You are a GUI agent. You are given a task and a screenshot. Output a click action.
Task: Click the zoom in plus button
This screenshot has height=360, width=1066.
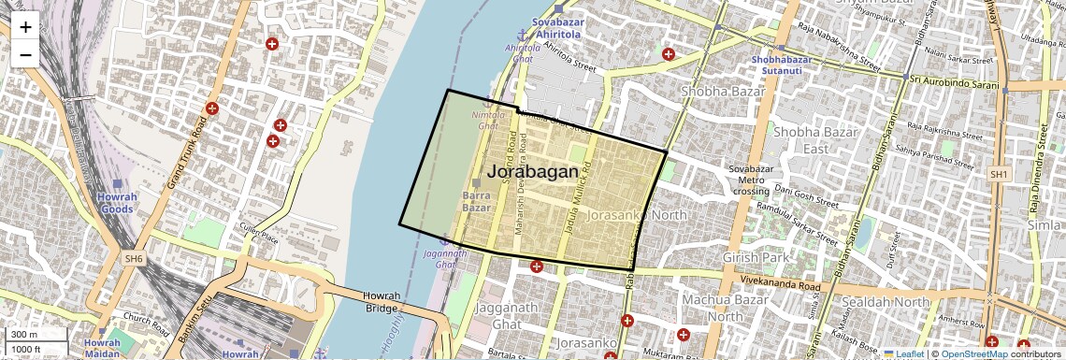(25, 27)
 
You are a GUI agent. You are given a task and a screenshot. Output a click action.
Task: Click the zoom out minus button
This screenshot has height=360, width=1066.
(25, 54)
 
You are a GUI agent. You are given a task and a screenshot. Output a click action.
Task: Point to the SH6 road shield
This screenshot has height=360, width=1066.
(133, 258)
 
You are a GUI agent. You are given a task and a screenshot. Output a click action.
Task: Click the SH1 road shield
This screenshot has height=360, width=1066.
(1000, 174)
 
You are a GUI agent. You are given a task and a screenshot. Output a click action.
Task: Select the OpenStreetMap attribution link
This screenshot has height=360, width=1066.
(974, 354)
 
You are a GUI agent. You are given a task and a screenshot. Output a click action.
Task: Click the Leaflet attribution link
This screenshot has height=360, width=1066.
(903, 354)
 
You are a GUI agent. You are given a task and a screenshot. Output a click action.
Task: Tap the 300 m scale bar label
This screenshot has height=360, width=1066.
(24, 335)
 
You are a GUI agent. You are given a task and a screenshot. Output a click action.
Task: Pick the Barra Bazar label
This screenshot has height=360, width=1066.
(477, 201)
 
